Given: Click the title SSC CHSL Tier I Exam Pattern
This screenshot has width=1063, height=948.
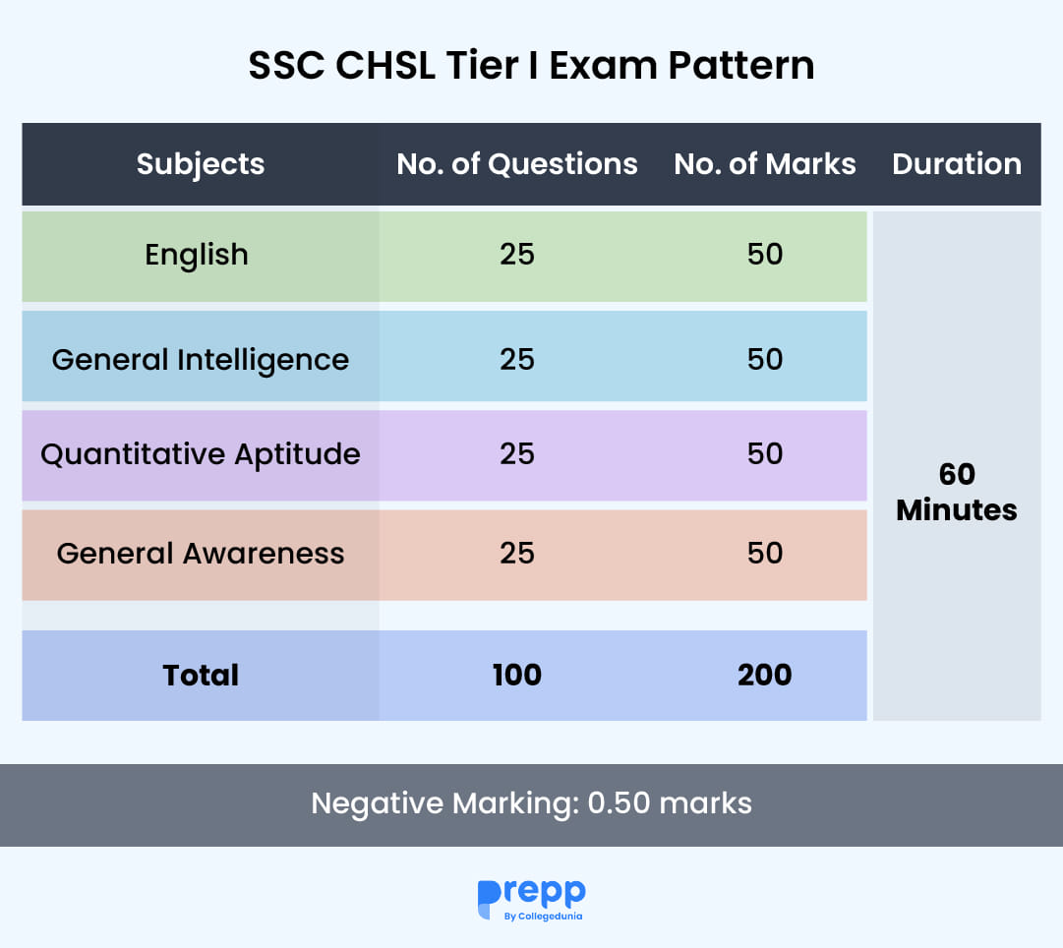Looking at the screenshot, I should (x=531, y=67).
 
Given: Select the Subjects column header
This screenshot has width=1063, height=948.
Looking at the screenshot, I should (x=201, y=163).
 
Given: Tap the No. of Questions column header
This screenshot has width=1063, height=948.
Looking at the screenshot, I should (x=517, y=163).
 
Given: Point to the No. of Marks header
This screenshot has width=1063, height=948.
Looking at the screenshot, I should (x=765, y=163).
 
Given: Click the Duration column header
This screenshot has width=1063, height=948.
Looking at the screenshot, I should (x=957, y=163).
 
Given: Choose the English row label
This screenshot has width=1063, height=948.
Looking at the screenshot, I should (x=197, y=255).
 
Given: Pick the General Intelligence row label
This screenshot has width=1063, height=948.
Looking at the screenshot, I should (x=201, y=359).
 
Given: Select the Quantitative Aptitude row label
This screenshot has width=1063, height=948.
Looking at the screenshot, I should (x=201, y=454).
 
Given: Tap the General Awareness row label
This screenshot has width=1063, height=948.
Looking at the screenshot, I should (x=201, y=554).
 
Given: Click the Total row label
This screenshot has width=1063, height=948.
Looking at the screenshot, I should (x=201, y=676).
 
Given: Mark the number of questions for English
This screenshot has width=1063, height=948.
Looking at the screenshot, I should (x=517, y=255).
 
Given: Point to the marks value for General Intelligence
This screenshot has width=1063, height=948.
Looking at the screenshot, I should (x=765, y=359).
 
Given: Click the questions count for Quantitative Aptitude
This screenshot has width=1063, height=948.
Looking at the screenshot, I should (x=517, y=454).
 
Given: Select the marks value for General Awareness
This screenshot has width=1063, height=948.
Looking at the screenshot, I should (x=765, y=554).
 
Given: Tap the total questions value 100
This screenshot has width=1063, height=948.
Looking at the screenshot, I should (x=517, y=676).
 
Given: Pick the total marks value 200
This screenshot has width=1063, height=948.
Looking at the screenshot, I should (x=765, y=676).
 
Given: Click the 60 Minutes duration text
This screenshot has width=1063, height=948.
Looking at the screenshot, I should (x=957, y=492).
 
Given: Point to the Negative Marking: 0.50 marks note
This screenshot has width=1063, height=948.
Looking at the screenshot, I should (x=531, y=803).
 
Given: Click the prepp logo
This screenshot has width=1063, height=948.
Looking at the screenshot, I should (x=531, y=894).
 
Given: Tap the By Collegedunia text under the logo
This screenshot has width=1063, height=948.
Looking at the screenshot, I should (x=542, y=917).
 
